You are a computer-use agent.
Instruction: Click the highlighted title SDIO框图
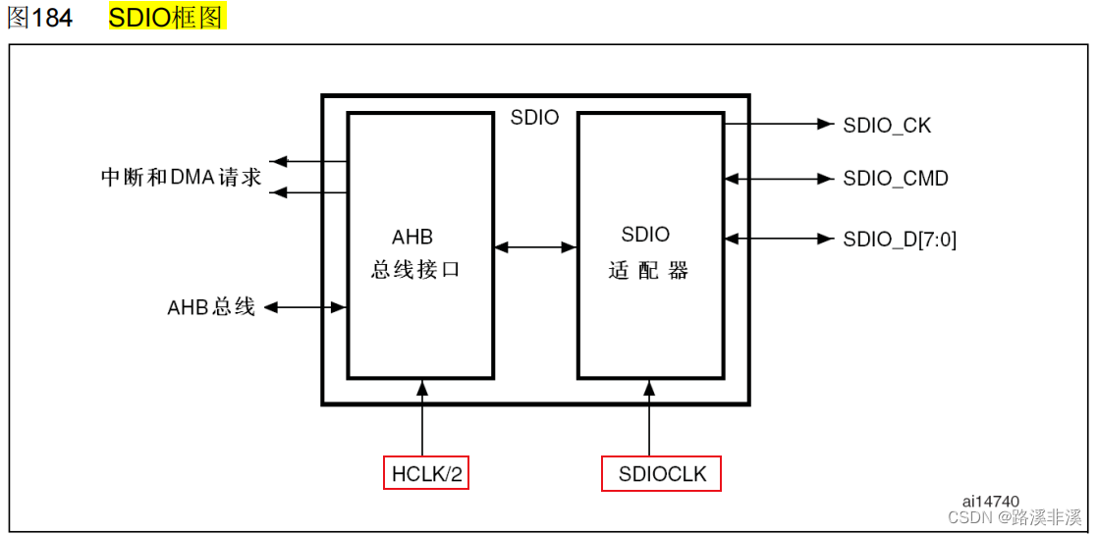(x=167, y=18)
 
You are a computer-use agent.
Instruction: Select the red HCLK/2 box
(x=427, y=474)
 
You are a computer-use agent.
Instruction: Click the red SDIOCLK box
(x=661, y=474)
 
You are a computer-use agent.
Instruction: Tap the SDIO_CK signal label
(x=887, y=126)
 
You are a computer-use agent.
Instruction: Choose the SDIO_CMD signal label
(x=895, y=179)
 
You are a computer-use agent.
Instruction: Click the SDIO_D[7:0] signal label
(x=899, y=240)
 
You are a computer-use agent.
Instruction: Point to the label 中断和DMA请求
(x=182, y=178)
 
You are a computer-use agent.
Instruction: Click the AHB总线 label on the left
(x=211, y=307)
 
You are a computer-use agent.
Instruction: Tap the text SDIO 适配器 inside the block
(x=646, y=253)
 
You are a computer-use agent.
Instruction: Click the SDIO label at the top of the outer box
(x=534, y=118)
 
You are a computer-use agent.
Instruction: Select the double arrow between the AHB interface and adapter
(x=535, y=247)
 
